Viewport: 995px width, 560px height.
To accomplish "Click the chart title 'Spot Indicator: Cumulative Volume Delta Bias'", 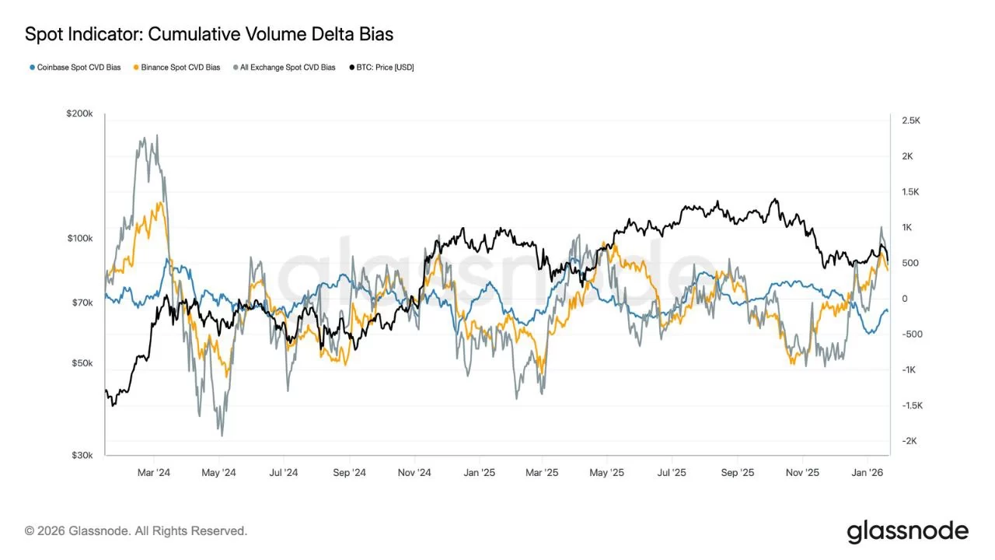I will pos(208,34).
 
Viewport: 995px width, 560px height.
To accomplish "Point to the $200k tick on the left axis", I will pos(80,114).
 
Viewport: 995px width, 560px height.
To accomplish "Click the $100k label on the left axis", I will pos(80,238).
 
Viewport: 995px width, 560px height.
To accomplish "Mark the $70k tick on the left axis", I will pos(82,302).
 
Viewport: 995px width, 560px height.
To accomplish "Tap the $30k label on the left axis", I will pos(82,455).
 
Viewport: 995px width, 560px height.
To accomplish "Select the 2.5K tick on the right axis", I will pos(911,121).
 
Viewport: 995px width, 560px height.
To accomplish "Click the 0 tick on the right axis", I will pos(905,299).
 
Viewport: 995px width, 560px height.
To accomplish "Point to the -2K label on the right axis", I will pos(909,441).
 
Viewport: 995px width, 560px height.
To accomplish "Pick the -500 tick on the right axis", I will pos(911,334).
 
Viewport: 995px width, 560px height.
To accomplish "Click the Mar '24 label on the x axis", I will pos(153,472).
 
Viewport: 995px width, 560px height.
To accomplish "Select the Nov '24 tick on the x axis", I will pos(414,472).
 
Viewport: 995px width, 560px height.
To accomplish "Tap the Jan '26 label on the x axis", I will pos(867,472).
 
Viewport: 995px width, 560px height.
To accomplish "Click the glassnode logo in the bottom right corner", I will pos(907,532).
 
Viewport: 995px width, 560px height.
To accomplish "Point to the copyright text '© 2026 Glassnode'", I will pos(136,531).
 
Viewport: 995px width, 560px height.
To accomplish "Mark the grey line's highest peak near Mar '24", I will pos(157,135).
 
